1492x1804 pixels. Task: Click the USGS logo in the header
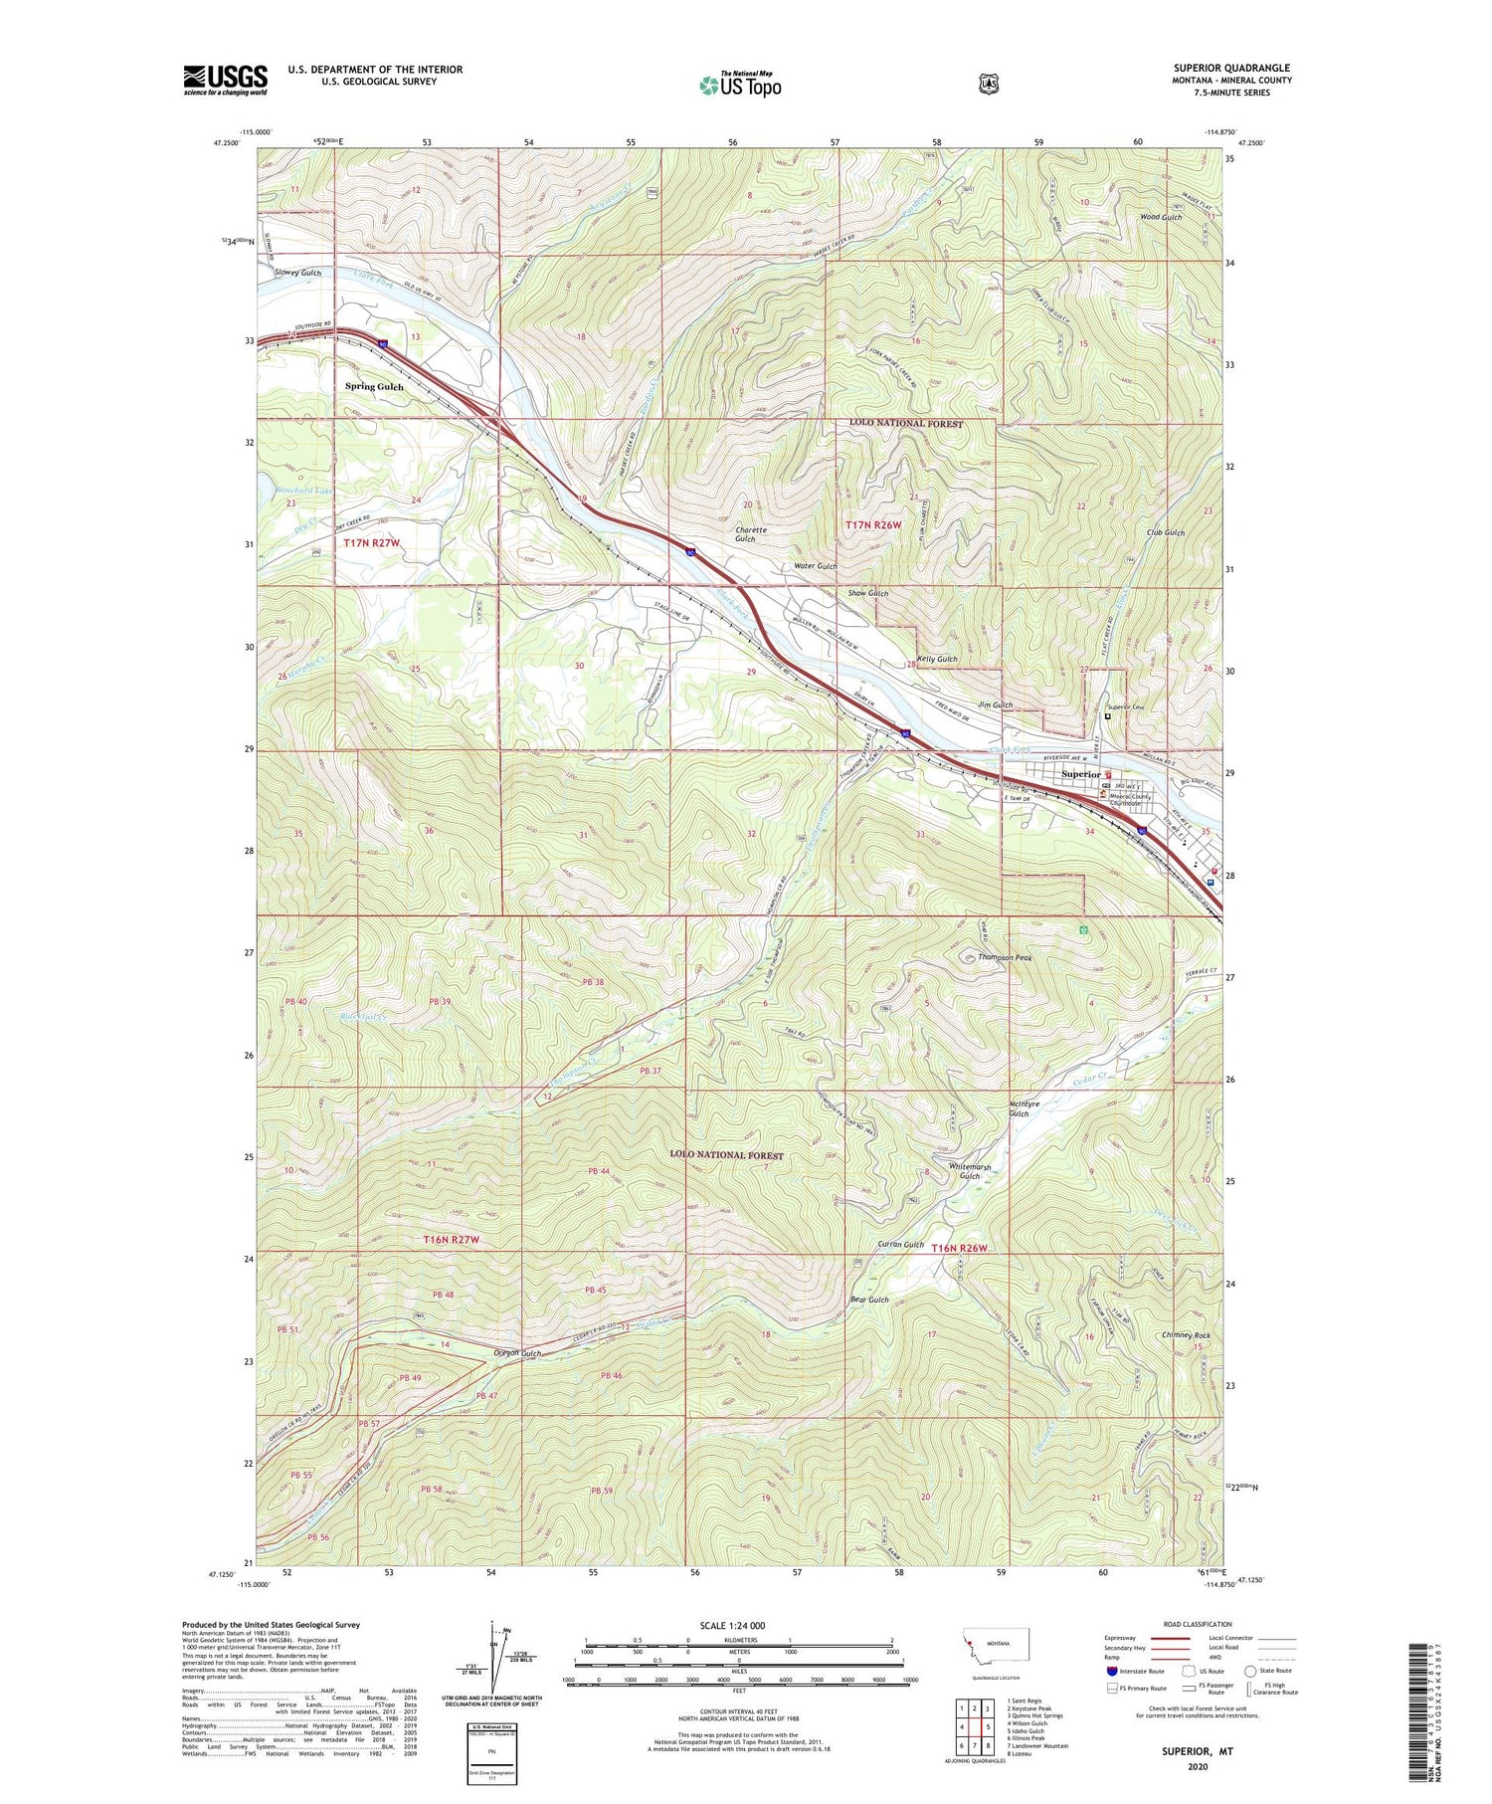pyautogui.click(x=225, y=80)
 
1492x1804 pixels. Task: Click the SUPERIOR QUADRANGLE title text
pyautogui.click(x=1231, y=68)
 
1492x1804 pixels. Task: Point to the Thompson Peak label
pyautogui.click(x=1005, y=957)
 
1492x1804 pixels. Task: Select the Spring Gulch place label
pyautogui.click(x=374, y=386)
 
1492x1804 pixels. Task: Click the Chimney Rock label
pyautogui.click(x=1186, y=1335)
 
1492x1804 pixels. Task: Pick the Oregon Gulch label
pyautogui.click(x=517, y=1353)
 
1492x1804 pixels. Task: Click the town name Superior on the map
pyautogui.click(x=1081, y=773)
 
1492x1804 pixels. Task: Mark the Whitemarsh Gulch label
pyautogui.click(x=970, y=1171)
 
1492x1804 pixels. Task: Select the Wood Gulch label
pyautogui.click(x=1160, y=217)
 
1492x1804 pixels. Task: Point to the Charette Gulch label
pyautogui.click(x=751, y=534)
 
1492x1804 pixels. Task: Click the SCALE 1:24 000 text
pyautogui.click(x=739, y=1625)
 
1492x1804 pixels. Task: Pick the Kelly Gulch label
pyautogui.click(x=937, y=659)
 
